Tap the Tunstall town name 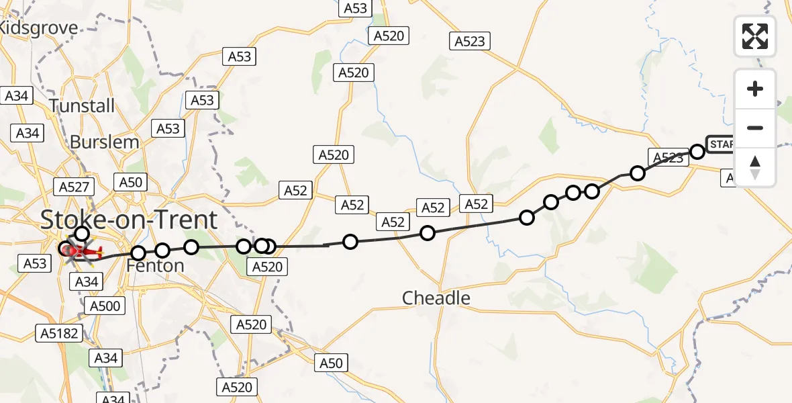click(82, 105)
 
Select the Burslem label click(104, 142)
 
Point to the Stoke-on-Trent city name click(130, 220)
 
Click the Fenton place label click(155, 266)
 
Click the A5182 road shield click(60, 332)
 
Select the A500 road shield click(104, 307)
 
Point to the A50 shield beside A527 click(130, 182)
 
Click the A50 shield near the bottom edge click(331, 363)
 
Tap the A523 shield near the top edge click(469, 41)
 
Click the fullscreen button click(755, 36)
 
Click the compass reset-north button click(755, 167)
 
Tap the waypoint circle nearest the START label click(697, 151)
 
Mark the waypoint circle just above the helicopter click(81, 234)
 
